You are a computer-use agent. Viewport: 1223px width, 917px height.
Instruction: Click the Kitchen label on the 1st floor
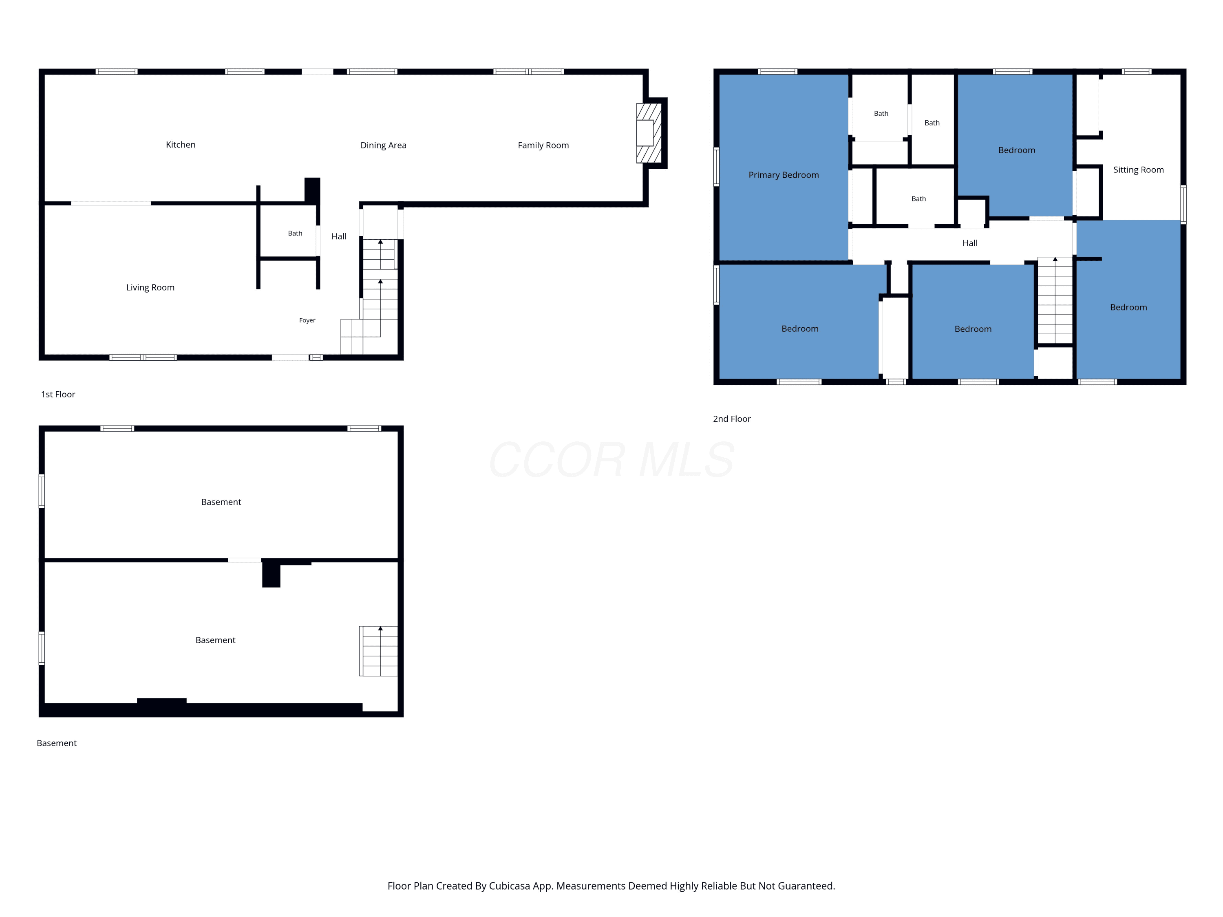point(181,145)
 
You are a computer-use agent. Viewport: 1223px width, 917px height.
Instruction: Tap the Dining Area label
point(383,145)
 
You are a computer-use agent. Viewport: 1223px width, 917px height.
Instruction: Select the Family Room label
point(543,145)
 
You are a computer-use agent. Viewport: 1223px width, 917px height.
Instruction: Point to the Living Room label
point(150,287)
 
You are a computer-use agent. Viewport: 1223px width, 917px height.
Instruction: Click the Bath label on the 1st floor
point(295,233)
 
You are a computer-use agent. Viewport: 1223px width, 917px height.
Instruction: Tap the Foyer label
point(307,320)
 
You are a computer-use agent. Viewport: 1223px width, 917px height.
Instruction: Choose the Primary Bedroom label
point(784,175)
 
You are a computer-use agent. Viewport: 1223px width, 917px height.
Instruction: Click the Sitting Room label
point(1138,170)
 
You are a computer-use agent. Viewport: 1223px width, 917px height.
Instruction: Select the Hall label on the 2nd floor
point(970,243)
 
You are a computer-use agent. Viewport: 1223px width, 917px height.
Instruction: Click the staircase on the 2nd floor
point(1055,301)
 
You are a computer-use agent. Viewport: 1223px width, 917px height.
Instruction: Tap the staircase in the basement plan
point(379,651)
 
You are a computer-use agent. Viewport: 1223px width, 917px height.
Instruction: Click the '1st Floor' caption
point(58,394)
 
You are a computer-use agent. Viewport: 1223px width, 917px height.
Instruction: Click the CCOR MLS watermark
point(611,460)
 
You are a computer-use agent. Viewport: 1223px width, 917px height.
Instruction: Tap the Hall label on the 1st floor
point(339,236)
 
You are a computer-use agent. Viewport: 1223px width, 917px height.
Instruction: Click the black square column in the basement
point(271,574)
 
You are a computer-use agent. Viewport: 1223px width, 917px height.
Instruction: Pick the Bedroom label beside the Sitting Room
point(1016,150)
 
